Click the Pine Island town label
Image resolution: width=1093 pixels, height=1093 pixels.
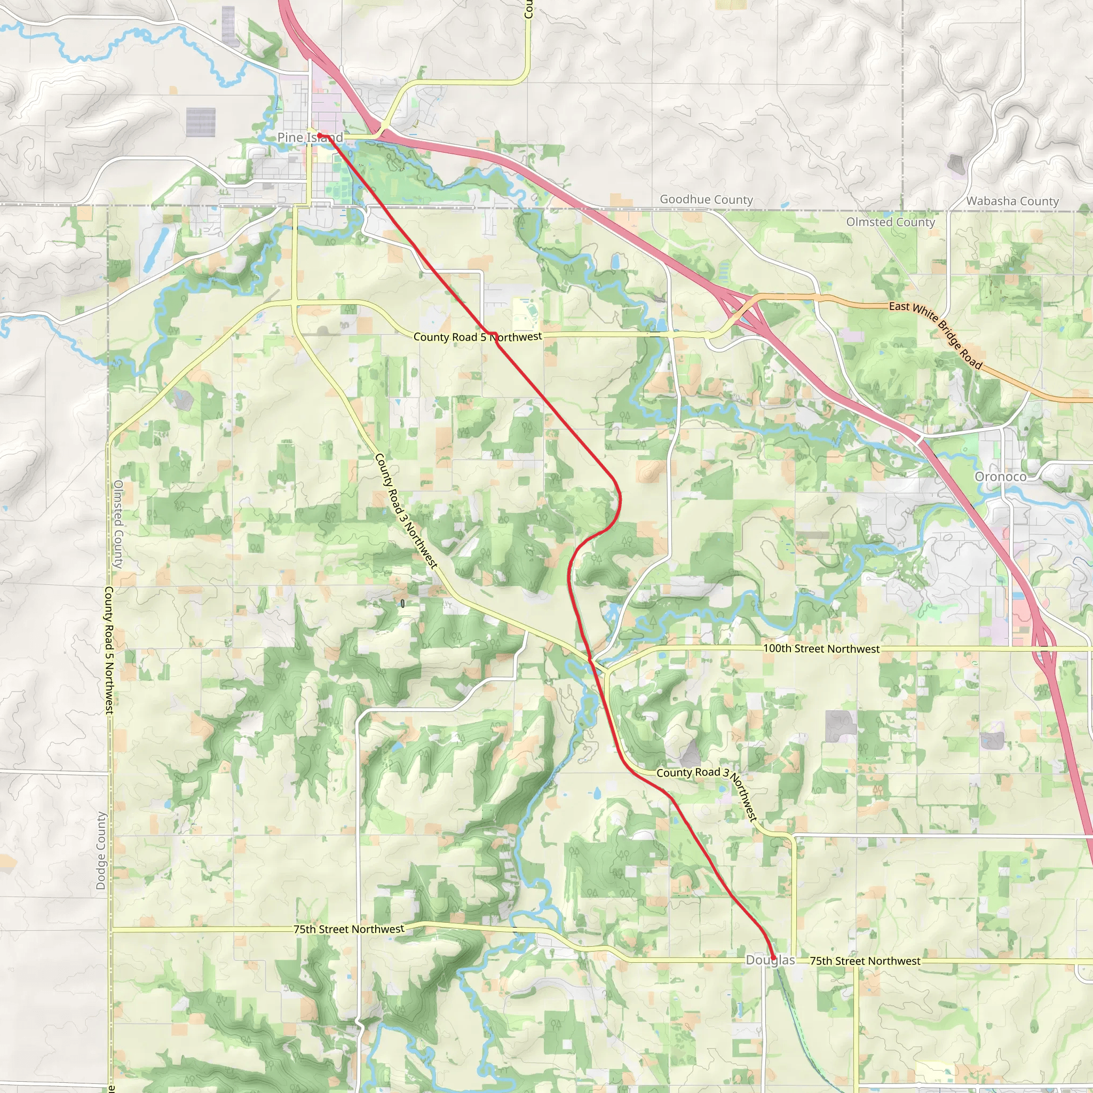[x=310, y=138]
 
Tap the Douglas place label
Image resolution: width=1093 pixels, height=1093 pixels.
[x=770, y=960]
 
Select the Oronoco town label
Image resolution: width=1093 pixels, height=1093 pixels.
[x=1000, y=477]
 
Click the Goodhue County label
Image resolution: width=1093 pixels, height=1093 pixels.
[x=706, y=199]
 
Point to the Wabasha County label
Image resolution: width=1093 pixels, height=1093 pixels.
[x=1012, y=201]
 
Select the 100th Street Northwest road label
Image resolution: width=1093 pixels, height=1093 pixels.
[x=821, y=648]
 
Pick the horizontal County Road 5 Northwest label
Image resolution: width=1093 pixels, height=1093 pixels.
[x=478, y=337]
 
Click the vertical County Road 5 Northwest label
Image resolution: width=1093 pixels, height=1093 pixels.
[x=109, y=650]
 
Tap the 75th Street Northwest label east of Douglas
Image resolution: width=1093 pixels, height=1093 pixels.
[x=865, y=961]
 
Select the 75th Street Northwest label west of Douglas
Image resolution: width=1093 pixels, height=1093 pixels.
[x=349, y=929]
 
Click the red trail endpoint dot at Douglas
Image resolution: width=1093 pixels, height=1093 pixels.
[x=773, y=957]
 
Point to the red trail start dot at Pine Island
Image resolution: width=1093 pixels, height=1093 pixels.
[x=320, y=134]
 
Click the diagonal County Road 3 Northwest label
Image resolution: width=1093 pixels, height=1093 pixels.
[x=406, y=511]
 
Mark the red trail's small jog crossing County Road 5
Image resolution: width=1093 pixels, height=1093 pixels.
[x=492, y=334]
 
